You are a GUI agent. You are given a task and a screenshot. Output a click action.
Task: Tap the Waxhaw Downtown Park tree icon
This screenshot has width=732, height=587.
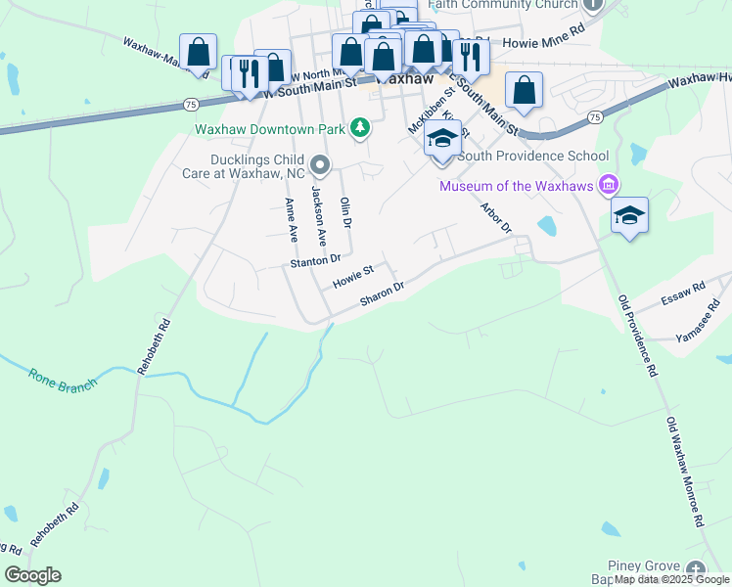pyautogui.click(x=361, y=127)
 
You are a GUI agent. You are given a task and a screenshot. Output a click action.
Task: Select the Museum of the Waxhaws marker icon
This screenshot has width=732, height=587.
pyautogui.click(x=609, y=185)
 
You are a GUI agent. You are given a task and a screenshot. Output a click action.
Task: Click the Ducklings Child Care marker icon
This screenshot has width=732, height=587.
pyautogui.click(x=320, y=164)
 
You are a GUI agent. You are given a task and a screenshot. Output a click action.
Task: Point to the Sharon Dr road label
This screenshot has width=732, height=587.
pyautogui.click(x=382, y=294)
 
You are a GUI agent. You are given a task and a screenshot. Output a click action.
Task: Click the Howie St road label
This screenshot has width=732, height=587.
pyautogui.click(x=353, y=276)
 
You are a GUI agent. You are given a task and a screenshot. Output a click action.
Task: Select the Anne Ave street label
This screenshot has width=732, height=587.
pyautogui.click(x=291, y=220)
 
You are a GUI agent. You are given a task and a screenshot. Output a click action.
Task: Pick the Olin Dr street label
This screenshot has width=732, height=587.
pyautogui.click(x=344, y=212)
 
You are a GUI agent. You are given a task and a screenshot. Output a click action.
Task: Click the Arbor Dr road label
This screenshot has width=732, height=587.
pyautogui.click(x=496, y=218)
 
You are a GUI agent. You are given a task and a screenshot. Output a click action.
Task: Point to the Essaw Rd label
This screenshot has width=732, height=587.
pyautogui.click(x=683, y=291)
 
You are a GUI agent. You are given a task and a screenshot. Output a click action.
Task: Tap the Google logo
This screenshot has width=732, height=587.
pyautogui.click(x=32, y=575)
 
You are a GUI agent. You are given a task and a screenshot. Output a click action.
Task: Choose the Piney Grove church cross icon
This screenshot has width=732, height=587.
pyautogui.click(x=695, y=568)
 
